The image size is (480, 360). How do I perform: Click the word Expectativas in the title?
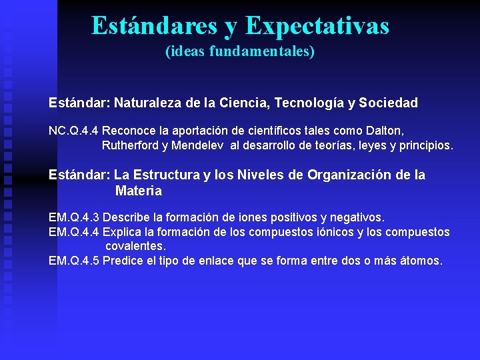(317, 26)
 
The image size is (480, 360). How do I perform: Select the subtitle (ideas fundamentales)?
(240, 51)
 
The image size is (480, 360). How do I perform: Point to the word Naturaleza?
(147, 103)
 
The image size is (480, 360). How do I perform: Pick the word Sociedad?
(389, 103)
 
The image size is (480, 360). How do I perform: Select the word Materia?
(138, 191)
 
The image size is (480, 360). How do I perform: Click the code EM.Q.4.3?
(74, 217)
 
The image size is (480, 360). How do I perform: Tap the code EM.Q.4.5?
(74, 260)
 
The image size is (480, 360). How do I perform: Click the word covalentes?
(135, 246)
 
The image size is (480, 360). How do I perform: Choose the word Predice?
(123, 260)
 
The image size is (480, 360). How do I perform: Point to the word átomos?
(420, 260)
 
